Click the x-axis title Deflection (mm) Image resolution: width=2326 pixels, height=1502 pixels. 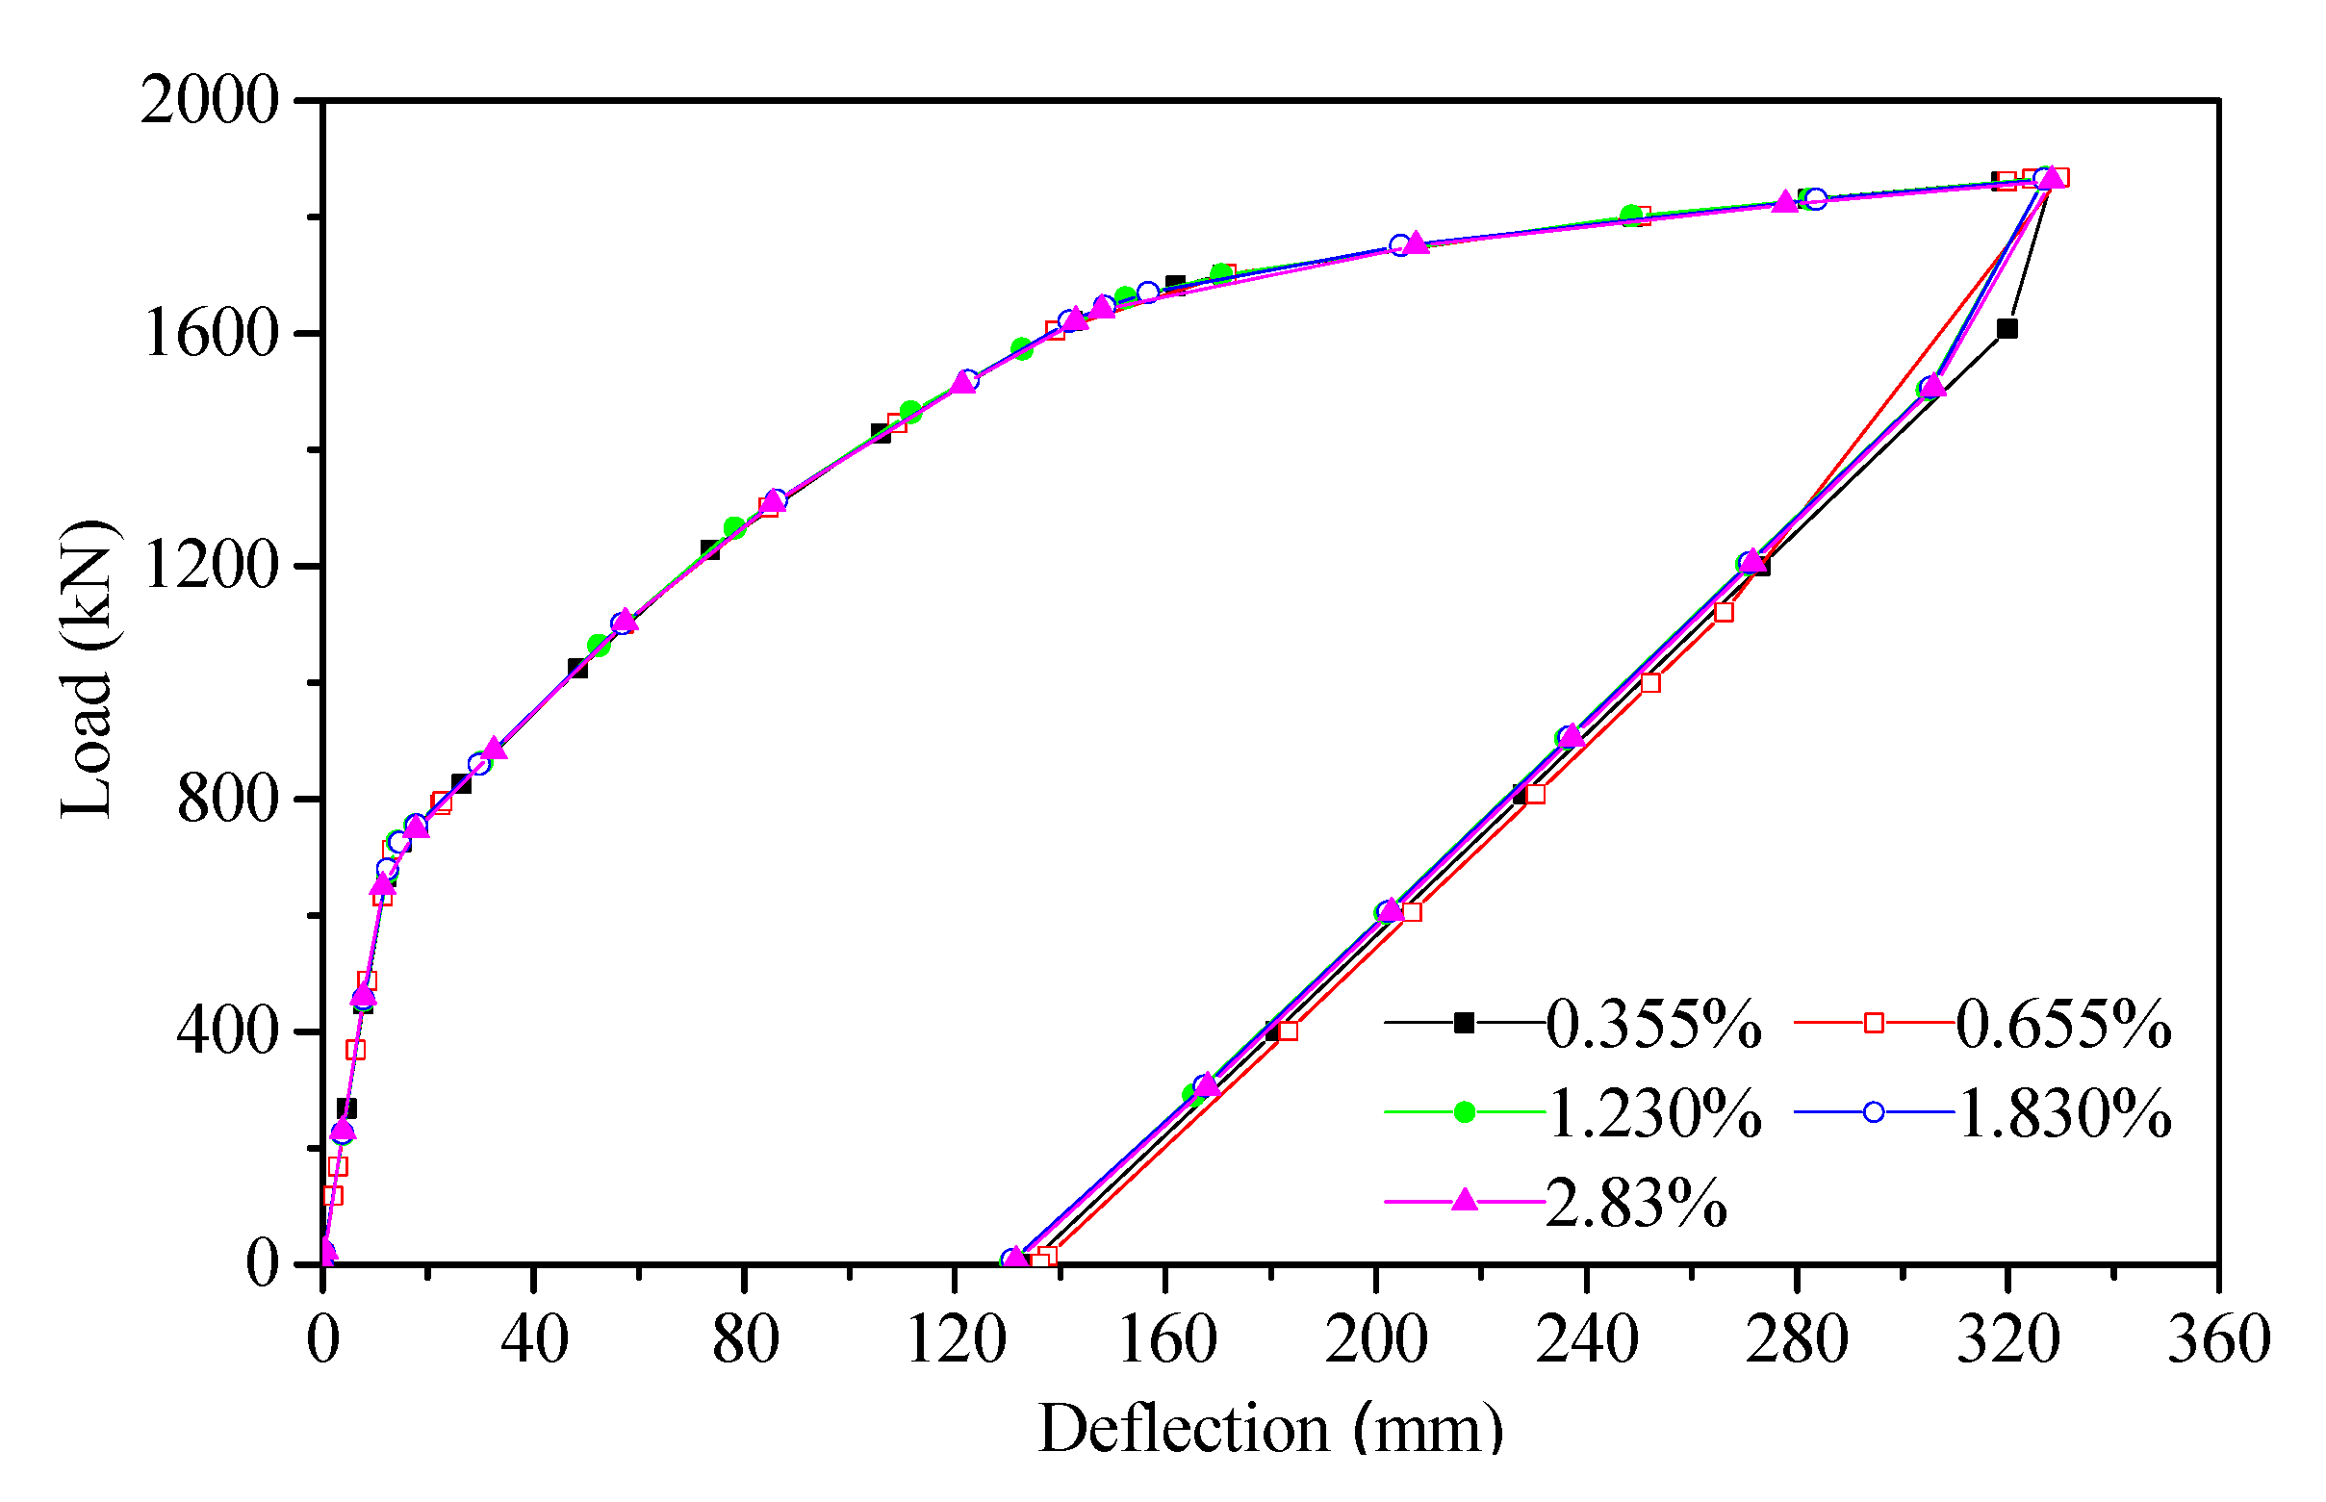[1269, 1430]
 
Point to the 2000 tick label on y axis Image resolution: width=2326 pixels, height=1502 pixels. [209, 100]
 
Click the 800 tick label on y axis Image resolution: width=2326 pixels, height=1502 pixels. [227, 799]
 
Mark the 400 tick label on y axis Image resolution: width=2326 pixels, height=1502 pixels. [227, 1031]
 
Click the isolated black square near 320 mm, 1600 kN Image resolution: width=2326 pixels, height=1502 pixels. [2007, 329]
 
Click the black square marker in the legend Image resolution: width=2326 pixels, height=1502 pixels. [1464, 1023]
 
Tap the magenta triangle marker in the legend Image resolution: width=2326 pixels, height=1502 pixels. [1464, 1201]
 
